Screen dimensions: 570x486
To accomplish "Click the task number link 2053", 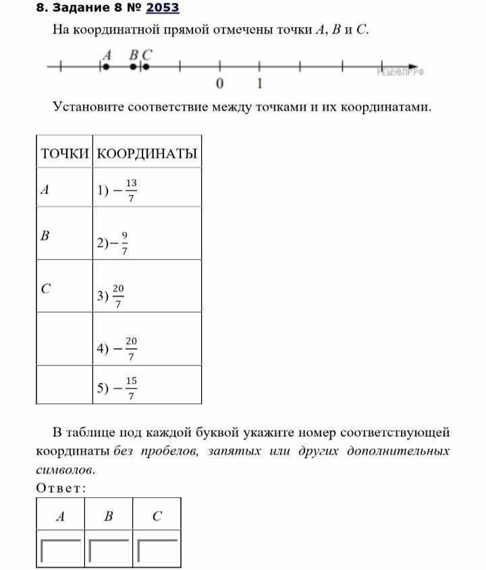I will tap(163, 8).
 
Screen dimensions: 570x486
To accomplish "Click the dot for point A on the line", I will tap(105, 67).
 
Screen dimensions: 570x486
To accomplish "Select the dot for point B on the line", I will tap(134, 67).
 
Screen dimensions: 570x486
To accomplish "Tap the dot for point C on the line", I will tap(146, 67).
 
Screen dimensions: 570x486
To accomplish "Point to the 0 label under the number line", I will tap(219, 84).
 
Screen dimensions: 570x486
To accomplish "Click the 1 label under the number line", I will tap(260, 84).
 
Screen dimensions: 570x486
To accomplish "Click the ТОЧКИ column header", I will tap(64, 154).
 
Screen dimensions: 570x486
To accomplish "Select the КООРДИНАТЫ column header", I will tap(147, 154).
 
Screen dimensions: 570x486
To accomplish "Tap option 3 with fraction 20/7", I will tap(111, 295).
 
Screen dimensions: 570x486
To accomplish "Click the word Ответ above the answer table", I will tap(61, 488).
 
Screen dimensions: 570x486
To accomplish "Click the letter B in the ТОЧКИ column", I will tap(45, 236).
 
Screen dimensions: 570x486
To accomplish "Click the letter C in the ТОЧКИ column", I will tap(45, 289).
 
